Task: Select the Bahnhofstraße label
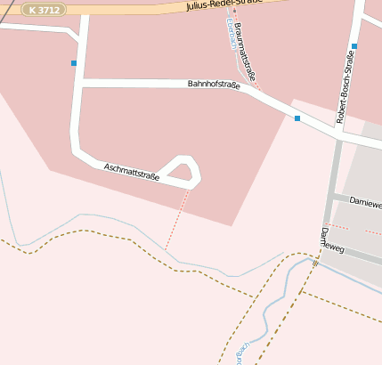coord(214,85)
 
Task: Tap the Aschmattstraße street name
coord(131,172)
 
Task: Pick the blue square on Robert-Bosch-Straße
coord(354,46)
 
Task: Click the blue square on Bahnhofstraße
coord(297,118)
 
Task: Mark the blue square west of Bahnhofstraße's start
coord(74,63)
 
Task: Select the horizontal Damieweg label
coord(364,203)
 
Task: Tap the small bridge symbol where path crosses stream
coord(315,264)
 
